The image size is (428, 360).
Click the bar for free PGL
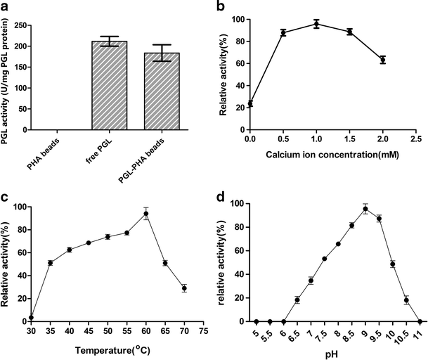click(109, 86)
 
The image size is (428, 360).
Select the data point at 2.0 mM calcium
click(382, 60)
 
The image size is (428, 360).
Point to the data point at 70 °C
click(184, 288)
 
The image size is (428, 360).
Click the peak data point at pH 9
click(365, 209)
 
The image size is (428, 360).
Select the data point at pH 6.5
click(297, 300)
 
